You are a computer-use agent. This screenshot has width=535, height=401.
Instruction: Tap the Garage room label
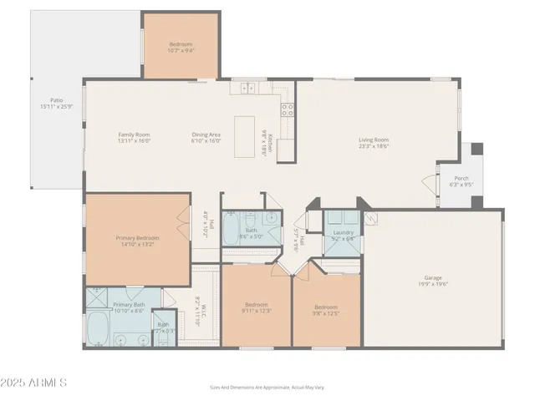coord(432,277)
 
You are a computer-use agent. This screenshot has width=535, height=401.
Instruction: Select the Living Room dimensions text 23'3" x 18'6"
coord(374,146)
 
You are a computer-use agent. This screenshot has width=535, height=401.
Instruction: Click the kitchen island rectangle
coord(246,136)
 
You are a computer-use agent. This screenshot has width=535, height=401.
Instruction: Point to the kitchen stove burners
coord(288,108)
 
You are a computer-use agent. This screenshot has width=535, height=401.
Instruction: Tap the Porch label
coord(461,178)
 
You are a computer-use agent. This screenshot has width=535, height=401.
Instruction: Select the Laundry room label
coord(344,231)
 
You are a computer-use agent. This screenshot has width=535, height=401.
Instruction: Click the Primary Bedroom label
coord(137,238)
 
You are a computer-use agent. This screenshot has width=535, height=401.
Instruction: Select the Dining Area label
coord(205,134)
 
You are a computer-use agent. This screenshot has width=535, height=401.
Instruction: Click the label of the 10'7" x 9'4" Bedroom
coord(181,43)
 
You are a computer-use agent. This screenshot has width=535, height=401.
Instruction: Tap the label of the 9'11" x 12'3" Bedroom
coord(256,304)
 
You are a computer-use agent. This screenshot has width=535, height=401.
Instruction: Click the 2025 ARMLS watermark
coord(35,383)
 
